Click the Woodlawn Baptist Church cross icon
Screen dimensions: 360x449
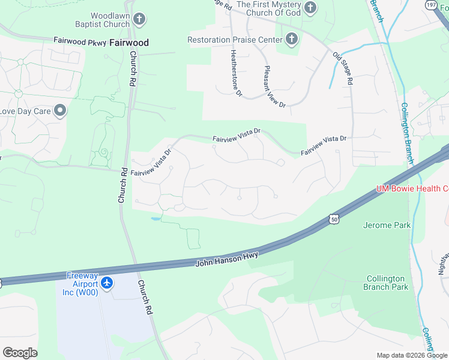139,20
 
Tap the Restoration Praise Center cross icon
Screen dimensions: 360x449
291,40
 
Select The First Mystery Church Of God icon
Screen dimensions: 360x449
310,8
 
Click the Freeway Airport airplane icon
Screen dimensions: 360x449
106,282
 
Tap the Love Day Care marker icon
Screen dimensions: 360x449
60,110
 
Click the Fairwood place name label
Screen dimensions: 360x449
129,43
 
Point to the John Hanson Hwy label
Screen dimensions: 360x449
226,259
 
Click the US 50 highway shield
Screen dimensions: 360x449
333,220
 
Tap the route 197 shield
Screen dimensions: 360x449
430,5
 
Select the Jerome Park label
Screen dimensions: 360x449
387,226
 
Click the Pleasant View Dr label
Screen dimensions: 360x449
275,86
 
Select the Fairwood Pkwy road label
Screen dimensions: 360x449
79,41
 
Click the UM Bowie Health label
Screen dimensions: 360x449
412,188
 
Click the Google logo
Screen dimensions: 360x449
20,353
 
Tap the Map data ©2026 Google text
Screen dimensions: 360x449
411,355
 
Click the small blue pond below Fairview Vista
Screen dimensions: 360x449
155,219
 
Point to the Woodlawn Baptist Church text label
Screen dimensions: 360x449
110,20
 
